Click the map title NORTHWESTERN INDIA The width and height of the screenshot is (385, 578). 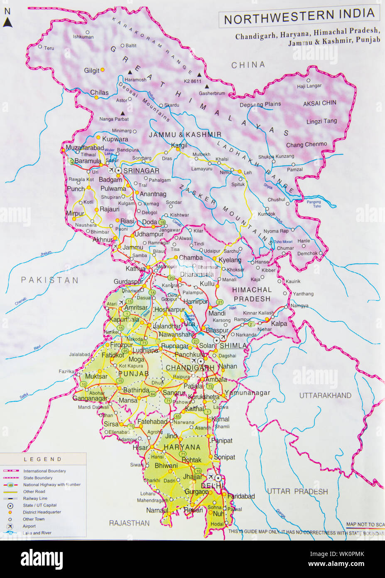click(299, 17)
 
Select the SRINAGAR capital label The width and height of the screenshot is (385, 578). click(141, 171)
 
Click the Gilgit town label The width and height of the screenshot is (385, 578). click(92, 71)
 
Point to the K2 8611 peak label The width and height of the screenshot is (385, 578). click(193, 82)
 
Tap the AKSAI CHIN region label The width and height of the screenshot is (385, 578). click(319, 103)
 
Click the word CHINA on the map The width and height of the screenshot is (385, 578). click(248, 65)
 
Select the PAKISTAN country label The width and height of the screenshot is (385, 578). click(50, 280)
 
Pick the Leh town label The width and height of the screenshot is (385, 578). click(248, 173)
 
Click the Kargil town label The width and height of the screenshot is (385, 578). click(179, 145)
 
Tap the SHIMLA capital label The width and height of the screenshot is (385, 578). click(233, 346)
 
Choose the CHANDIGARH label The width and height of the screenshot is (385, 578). click(190, 368)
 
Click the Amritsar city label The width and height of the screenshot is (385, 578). click(136, 308)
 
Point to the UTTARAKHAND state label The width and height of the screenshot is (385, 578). click(325, 395)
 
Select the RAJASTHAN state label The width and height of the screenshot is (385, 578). click(129, 523)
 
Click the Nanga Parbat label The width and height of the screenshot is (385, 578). click(114, 119)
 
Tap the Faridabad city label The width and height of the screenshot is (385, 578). click(241, 496)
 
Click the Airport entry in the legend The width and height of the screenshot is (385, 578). click(29, 526)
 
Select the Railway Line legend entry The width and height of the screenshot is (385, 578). click(35, 498)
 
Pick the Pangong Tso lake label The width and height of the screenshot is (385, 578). click(314, 204)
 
